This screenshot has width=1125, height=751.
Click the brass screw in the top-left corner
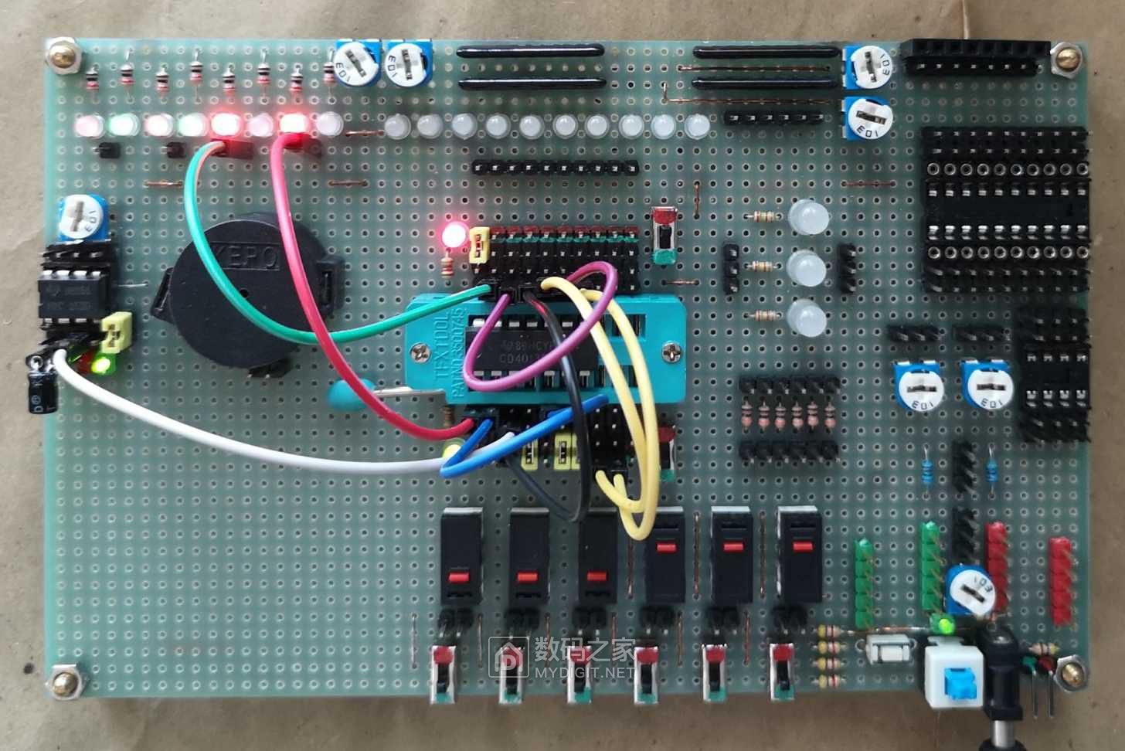(63, 56)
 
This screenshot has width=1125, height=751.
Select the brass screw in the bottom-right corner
(1069, 672)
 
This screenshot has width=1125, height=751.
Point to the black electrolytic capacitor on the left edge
(39, 389)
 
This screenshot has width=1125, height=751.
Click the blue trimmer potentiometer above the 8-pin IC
(80, 218)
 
